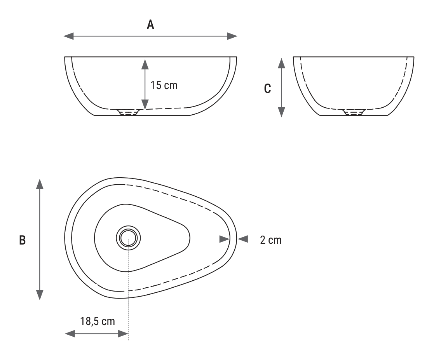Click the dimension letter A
150,24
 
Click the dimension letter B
23,240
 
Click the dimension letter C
267,89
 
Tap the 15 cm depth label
164,85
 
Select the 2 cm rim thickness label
271,240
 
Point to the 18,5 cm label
98,321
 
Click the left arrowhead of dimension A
69,36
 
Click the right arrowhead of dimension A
232,36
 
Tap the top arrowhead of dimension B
40,184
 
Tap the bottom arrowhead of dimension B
40,295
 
